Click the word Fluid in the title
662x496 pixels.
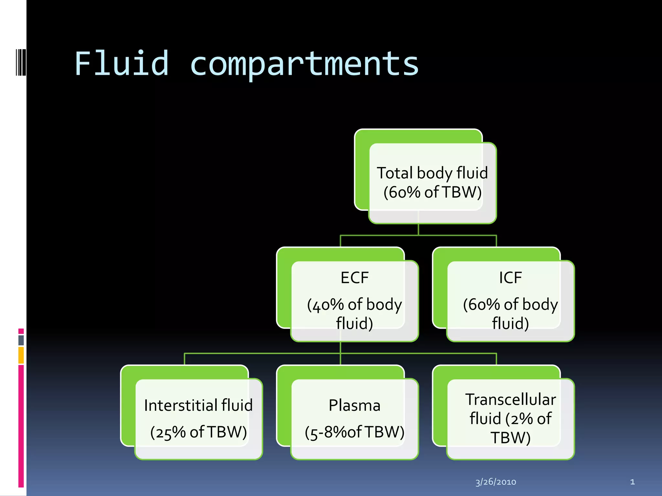tap(122, 64)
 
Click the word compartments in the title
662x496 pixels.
tap(304, 65)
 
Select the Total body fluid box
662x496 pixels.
tap(432, 183)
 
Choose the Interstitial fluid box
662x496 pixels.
tap(198, 419)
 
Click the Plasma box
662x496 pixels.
tap(354, 419)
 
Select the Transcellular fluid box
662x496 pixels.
tap(510, 419)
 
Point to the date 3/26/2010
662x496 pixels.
tap(496, 482)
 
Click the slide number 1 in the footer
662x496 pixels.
tap(632, 482)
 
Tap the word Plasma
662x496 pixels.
tap(354, 406)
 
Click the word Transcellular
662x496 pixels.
tap(510, 400)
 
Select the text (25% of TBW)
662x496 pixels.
tap(198, 432)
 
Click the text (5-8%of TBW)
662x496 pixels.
tap(355, 432)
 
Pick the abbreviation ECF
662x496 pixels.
tap(355, 278)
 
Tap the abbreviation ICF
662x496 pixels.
tap(510, 278)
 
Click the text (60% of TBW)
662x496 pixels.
tap(432, 192)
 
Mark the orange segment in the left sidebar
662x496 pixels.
tap(21, 355)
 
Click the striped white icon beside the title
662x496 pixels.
tap(21, 62)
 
